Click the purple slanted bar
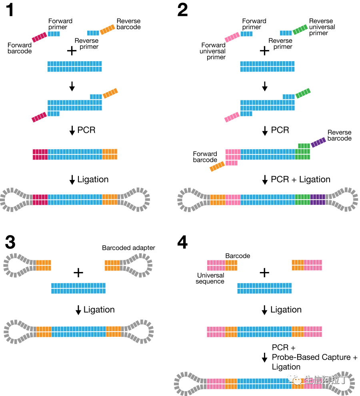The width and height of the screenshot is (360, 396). click(318, 142)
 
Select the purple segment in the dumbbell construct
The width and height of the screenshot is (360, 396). click(318, 200)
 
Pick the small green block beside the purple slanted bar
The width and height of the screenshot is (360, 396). click(304, 146)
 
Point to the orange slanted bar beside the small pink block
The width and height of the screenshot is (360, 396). click(217, 166)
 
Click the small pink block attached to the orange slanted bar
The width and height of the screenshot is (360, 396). click(232, 163)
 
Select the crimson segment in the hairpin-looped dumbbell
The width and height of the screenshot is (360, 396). click(40, 200)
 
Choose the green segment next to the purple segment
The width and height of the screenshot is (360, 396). click(302, 200)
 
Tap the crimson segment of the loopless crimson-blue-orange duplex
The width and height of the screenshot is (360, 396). click(40, 154)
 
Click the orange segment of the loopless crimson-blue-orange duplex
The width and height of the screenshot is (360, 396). click(110, 154)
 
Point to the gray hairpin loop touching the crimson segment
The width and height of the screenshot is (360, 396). click(14, 200)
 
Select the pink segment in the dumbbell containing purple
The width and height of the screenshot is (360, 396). click(233, 200)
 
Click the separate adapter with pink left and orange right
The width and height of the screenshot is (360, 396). click(222, 265)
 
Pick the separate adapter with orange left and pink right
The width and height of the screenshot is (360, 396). click(307, 265)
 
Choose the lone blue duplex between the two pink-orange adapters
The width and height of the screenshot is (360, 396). click(264, 288)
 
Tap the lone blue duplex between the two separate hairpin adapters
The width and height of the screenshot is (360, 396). click(78, 288)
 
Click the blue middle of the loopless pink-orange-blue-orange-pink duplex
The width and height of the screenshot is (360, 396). click(264, 332)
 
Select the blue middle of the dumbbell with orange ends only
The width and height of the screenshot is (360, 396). click(78, 332)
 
